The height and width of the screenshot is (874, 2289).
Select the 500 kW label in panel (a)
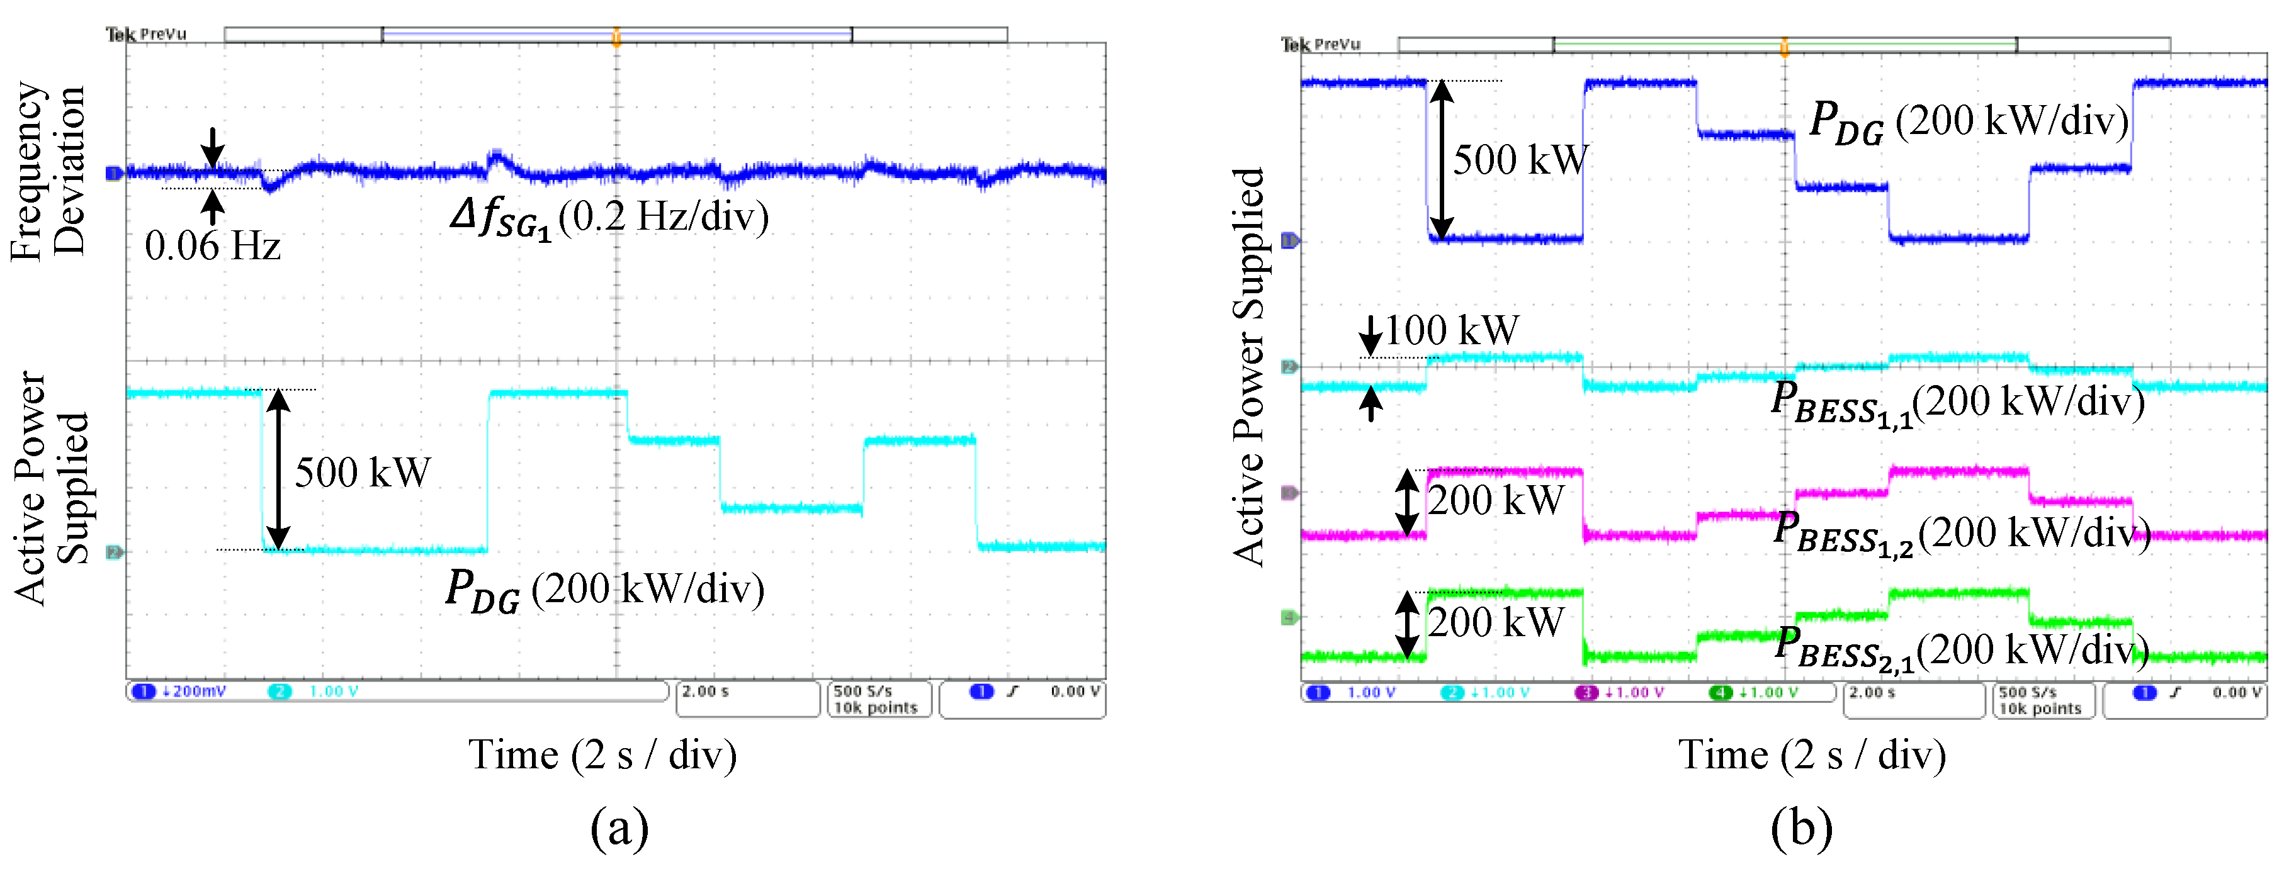pyautogui.click(x=363, y=473)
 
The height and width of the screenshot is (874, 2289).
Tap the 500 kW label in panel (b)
pyautogui.click(x=1520, y=160)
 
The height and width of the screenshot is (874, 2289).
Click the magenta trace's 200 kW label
pyautogui.click(x=1496, y=501)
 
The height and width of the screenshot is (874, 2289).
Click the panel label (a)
pyautogui.click(x=619, y=828)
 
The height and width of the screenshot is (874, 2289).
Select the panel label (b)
pyautogui.click(x=1801, y=828)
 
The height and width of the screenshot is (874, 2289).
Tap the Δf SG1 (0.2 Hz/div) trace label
pyautogui.click(x=609, y=218)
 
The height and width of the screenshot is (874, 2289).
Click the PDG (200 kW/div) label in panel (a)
pyautogui.click(x=605, y=590)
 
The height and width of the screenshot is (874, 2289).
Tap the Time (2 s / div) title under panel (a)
pyautogui.click(x=602, y=755)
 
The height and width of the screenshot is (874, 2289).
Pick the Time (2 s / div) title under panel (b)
pyautogui.click(x=1812, y=755)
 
